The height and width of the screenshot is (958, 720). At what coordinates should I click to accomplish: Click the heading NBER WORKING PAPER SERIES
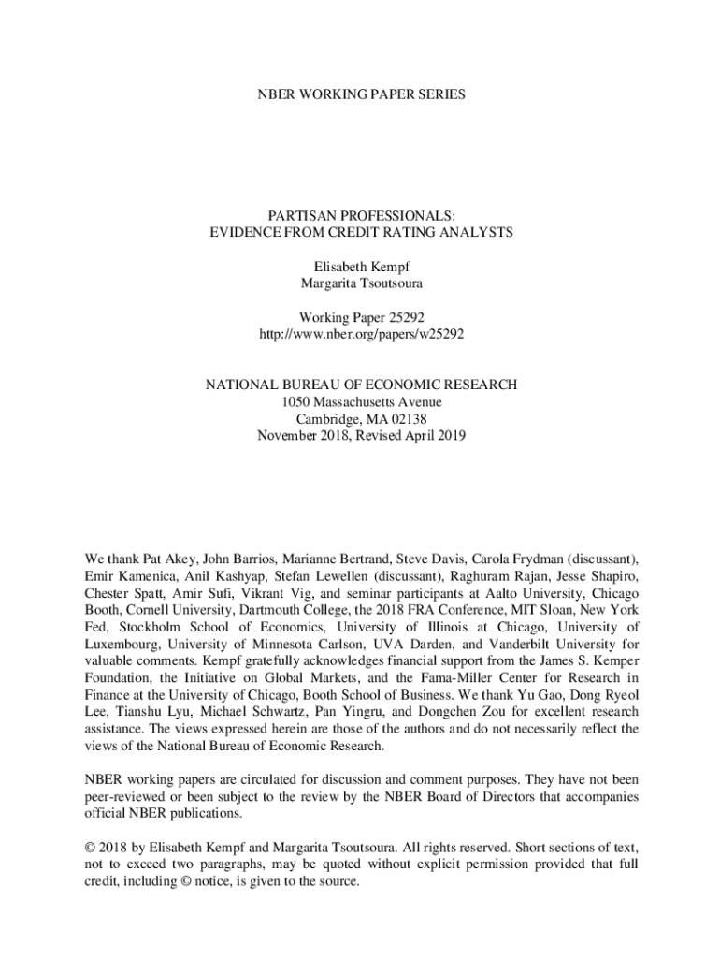pos(360,94)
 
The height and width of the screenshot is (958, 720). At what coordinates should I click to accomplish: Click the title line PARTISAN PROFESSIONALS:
pos(360,214)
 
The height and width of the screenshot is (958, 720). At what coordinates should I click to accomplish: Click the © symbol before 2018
pos(90,849)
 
